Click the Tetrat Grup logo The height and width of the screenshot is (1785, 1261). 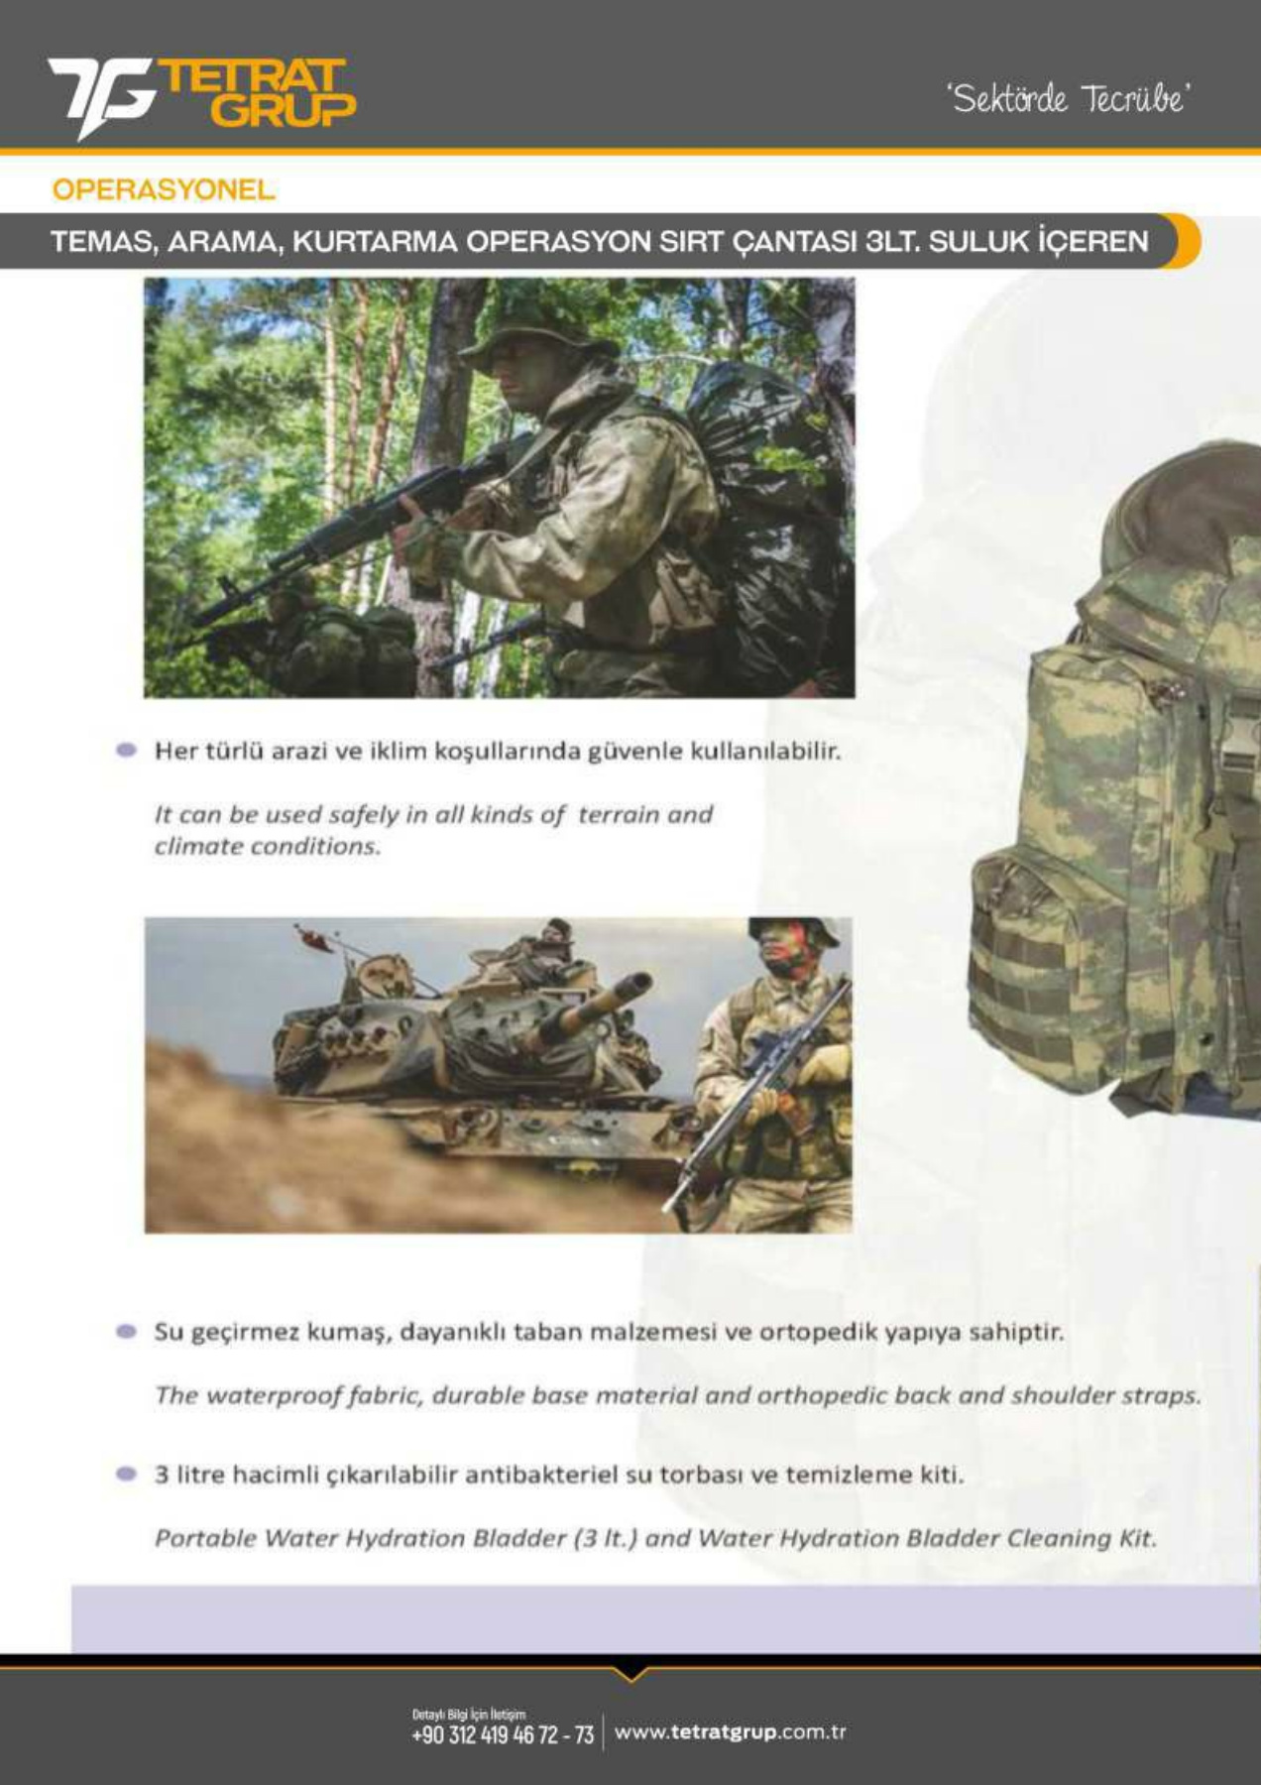(201, 97)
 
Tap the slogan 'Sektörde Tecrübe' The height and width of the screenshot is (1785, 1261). (1069, 98)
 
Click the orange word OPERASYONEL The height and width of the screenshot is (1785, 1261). (164, 189)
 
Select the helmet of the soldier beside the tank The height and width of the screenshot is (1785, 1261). (793, 931)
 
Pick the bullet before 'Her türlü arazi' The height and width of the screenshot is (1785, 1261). (126, 750)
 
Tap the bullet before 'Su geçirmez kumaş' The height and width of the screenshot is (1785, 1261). (126, 1331)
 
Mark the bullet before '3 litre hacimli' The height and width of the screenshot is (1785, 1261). (126, 1474)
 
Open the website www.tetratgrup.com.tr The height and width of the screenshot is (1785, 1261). (730, 1732)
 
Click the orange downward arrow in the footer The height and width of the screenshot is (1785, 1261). (630, 1674)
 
